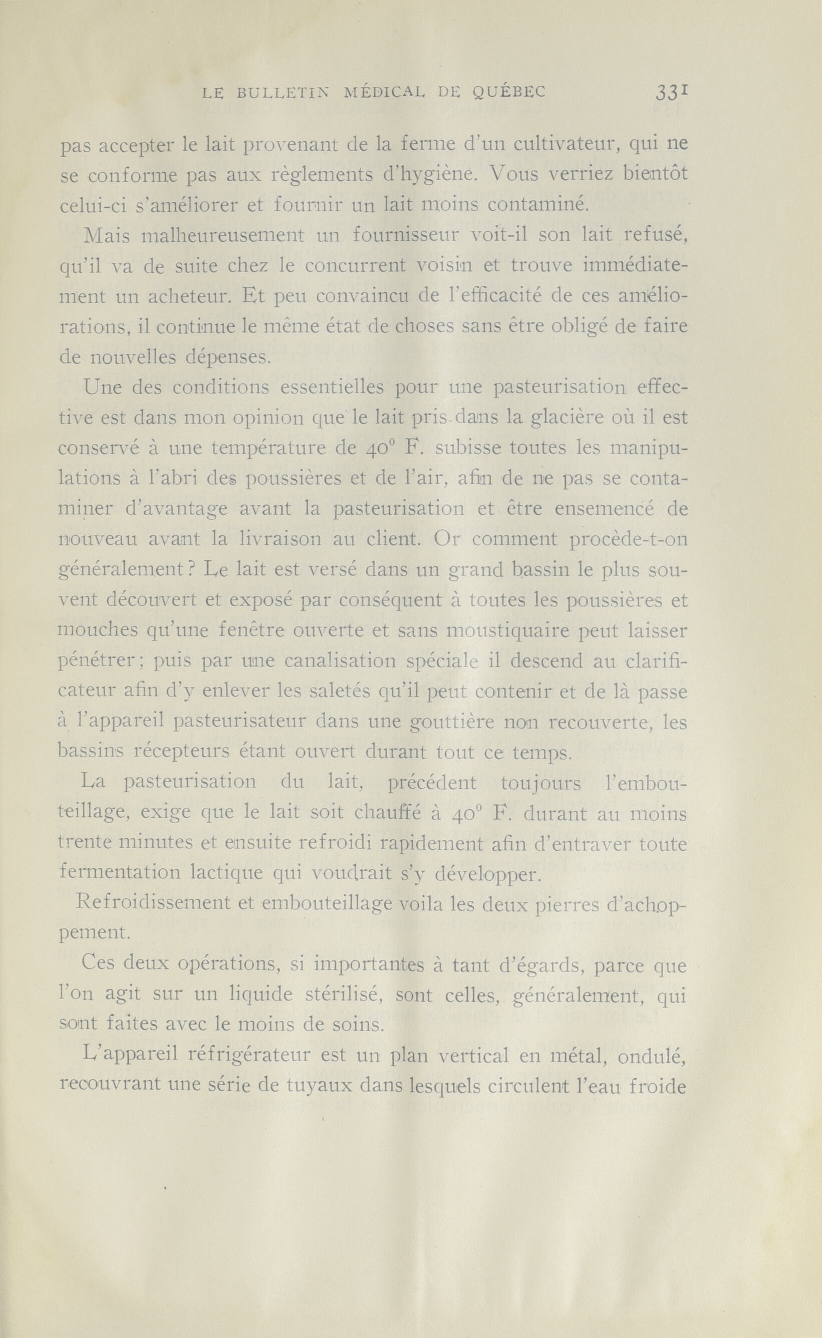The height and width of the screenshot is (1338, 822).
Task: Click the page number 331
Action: (x=673, y=93)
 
